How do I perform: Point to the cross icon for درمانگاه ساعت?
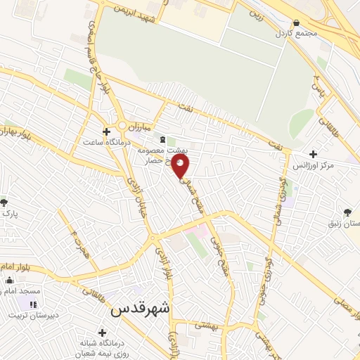pyautogui.click(x=106, y=131)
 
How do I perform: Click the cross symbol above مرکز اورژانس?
pyautogui.click(x=313, y=154)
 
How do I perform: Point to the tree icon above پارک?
pyautogui.click(x=4, y=202)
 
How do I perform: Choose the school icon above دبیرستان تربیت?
pyautogui.click(x=32, y=304)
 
